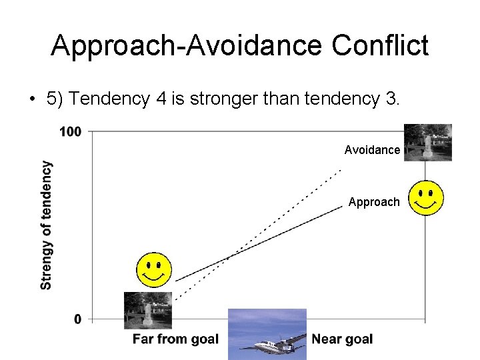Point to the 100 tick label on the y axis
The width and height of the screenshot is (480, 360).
[70, 131]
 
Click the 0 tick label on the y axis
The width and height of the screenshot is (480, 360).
[78, 319]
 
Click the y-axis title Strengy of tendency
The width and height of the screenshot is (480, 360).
[46, 225]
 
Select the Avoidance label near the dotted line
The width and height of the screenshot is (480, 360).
[372, 150]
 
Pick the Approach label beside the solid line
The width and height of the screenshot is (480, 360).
[374, 202]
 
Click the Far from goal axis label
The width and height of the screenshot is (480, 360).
[175, 339]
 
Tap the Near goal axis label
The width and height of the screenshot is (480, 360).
[342, 339]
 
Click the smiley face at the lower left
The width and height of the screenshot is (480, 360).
[154, 270]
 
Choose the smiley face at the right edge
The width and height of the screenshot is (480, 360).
[426, 197]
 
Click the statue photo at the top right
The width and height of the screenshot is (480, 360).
[427, 142]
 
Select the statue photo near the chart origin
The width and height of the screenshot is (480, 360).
[147, 310]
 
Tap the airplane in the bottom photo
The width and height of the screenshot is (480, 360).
[275, 345]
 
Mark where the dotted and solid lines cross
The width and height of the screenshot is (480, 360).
[228, 257]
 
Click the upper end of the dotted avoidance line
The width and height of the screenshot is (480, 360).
[340, 171]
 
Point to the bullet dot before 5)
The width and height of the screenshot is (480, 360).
[31, 100]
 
